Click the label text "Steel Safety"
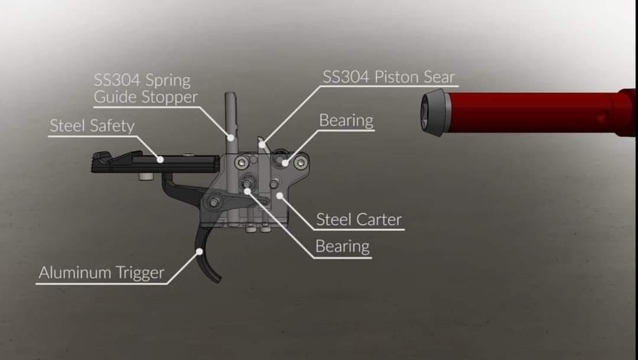[92, 126]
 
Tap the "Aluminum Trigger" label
[102, 273]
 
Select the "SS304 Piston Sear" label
[389, 77]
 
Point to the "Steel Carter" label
[359, 219]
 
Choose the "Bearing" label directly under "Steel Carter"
[343, 247]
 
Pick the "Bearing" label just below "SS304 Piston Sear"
[346, 121]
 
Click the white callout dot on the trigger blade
[200, 252]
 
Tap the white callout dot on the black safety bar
[160, 160]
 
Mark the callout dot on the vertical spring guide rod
[231, 138]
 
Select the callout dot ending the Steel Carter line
[279, 196]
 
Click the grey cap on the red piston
[435, 112]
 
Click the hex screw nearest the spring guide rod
[242, 163]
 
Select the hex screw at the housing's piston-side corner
[301, 163]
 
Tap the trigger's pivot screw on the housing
[214, 202]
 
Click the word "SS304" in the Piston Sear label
[346, 77]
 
